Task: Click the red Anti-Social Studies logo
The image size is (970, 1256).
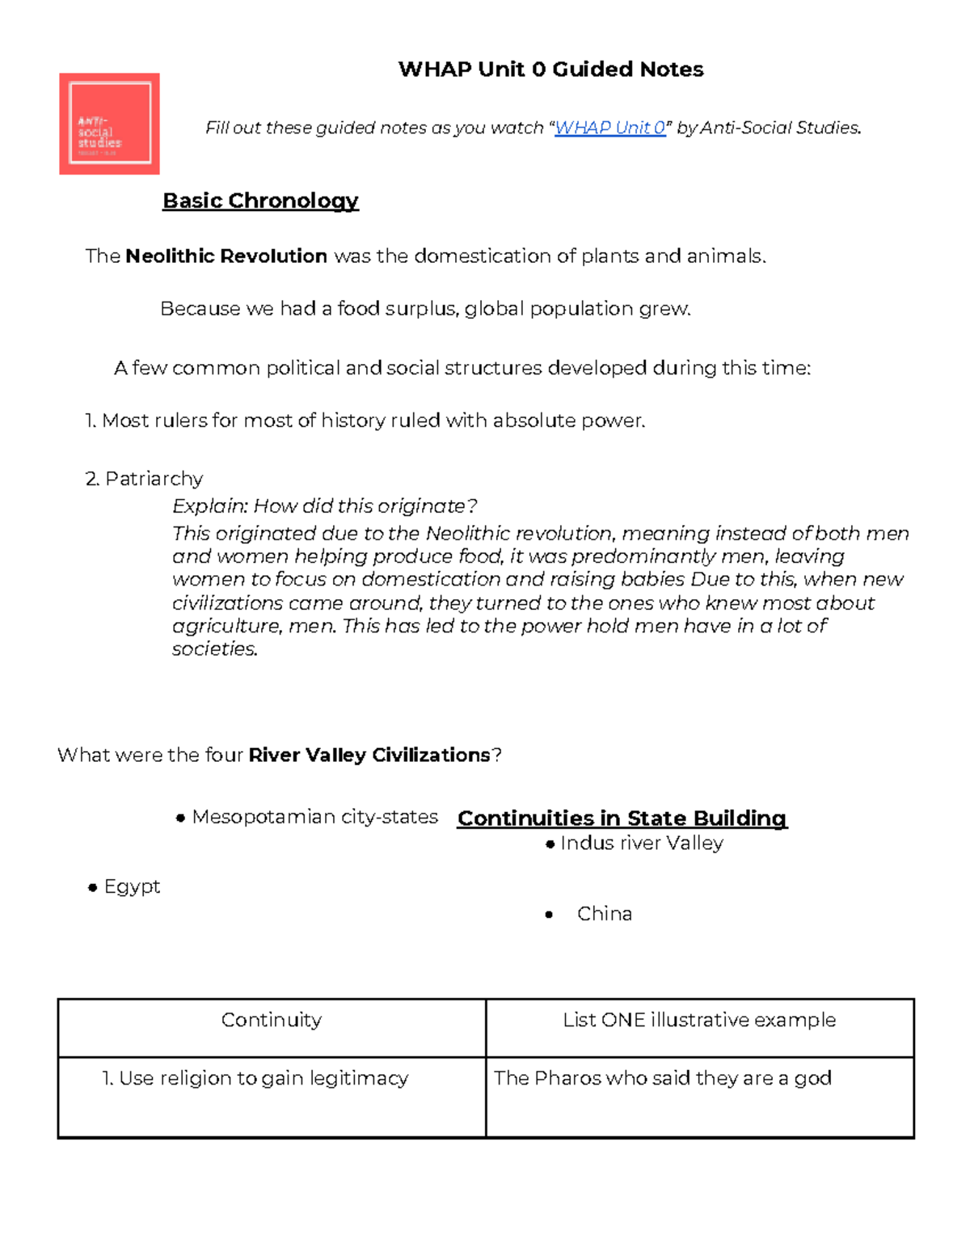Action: pyautogui.click(x=109, y=124)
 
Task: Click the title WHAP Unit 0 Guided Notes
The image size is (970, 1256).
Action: pyautogui.click(x=550, y=70)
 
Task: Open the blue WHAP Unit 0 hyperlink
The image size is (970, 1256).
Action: pyautogui.click(x=609, y=128)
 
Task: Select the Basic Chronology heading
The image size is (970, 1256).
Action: pyautogui.click(x=260, y=201)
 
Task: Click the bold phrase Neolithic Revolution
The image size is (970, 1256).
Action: pyautogui.click(x=226, y=256)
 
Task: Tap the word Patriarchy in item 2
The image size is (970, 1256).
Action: pyautogui.click(x=154, y=479)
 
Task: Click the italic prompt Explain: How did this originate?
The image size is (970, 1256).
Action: pyautogui.click(x=324, y=506)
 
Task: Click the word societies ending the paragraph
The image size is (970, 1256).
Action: pyautogui.click(x=214, y=649)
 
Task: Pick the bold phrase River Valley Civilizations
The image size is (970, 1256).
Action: pyautogui.click(x=369, y=755)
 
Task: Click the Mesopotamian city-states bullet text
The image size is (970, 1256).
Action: pyautogui.click(x=314, y=817)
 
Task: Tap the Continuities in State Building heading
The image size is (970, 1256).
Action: pyautogui.click(x=622, y=818)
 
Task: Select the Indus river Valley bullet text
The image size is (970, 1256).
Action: pyautogui.click(x=642, y=844)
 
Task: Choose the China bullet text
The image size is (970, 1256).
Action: pyautogui.click(x=605, y=914)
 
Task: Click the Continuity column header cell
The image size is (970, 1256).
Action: pyautogui.click(x=272, y=1021)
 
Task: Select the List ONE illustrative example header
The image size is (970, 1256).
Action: pyautogui.click(x=699, y=1021)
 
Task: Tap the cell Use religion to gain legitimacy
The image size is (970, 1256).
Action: pyautogui.click(x=264, y=1079)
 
